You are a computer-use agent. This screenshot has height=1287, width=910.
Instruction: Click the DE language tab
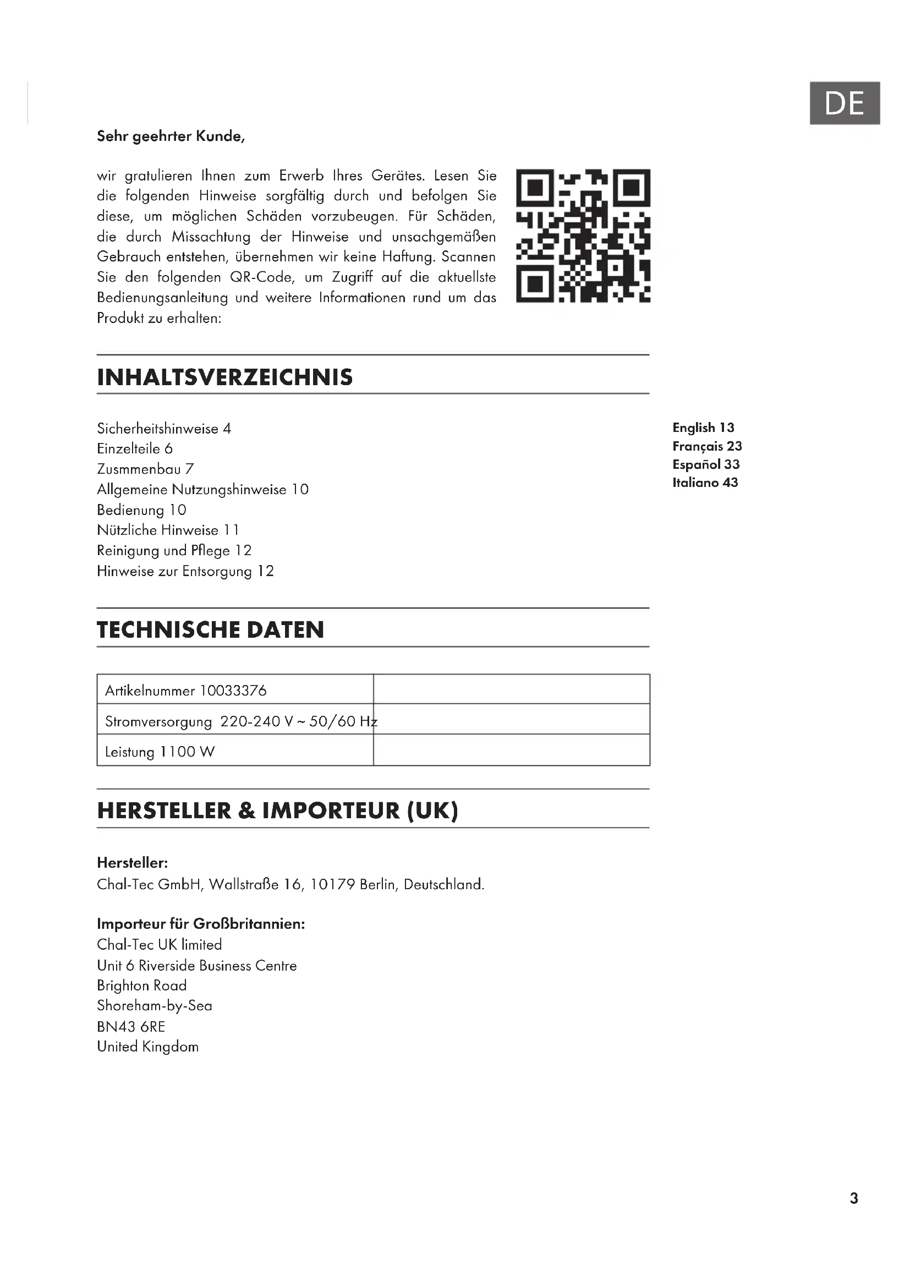(844, 103)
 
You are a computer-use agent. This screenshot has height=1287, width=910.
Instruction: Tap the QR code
(583, 236)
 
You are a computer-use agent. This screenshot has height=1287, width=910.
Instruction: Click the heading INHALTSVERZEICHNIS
(224, 377)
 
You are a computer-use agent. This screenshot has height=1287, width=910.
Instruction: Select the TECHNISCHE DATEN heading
(210, 630)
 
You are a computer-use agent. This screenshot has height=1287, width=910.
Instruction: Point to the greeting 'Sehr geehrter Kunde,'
(171, 136)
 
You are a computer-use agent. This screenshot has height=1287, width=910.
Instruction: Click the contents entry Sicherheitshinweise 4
(163, 429)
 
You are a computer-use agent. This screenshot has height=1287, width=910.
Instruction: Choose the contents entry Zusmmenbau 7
(145, 469)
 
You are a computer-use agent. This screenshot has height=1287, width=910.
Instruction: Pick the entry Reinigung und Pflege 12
(174, 550)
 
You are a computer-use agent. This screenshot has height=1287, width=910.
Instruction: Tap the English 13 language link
(703, 428)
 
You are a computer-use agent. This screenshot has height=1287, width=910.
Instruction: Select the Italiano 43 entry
(705, 483)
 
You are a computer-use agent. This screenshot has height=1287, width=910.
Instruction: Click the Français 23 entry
(707, 446)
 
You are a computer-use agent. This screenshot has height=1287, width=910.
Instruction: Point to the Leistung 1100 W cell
(160, 752)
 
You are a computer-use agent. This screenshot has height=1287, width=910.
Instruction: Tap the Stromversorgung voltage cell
(241, 721)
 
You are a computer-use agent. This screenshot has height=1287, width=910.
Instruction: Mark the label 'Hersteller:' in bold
(132, 863)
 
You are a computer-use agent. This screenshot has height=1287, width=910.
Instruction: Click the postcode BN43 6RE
(131, 1026)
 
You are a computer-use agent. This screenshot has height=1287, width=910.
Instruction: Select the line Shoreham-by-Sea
(155, 1006)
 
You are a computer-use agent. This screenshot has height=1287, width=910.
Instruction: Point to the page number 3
(853, 1198)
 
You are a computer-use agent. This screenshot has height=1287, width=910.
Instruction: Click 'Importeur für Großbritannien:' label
(201, 924)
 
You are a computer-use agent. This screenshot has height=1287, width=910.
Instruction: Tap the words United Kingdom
(148, 1047)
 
